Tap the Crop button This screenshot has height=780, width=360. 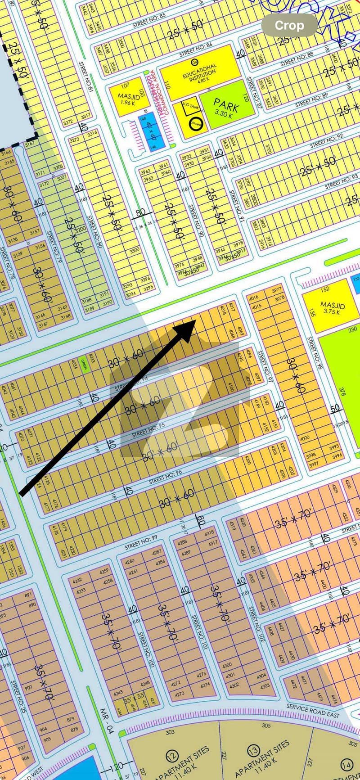click(289, 26)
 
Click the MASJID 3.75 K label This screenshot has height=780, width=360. click(332, 308)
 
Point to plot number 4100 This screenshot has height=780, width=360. click(231, 386)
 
